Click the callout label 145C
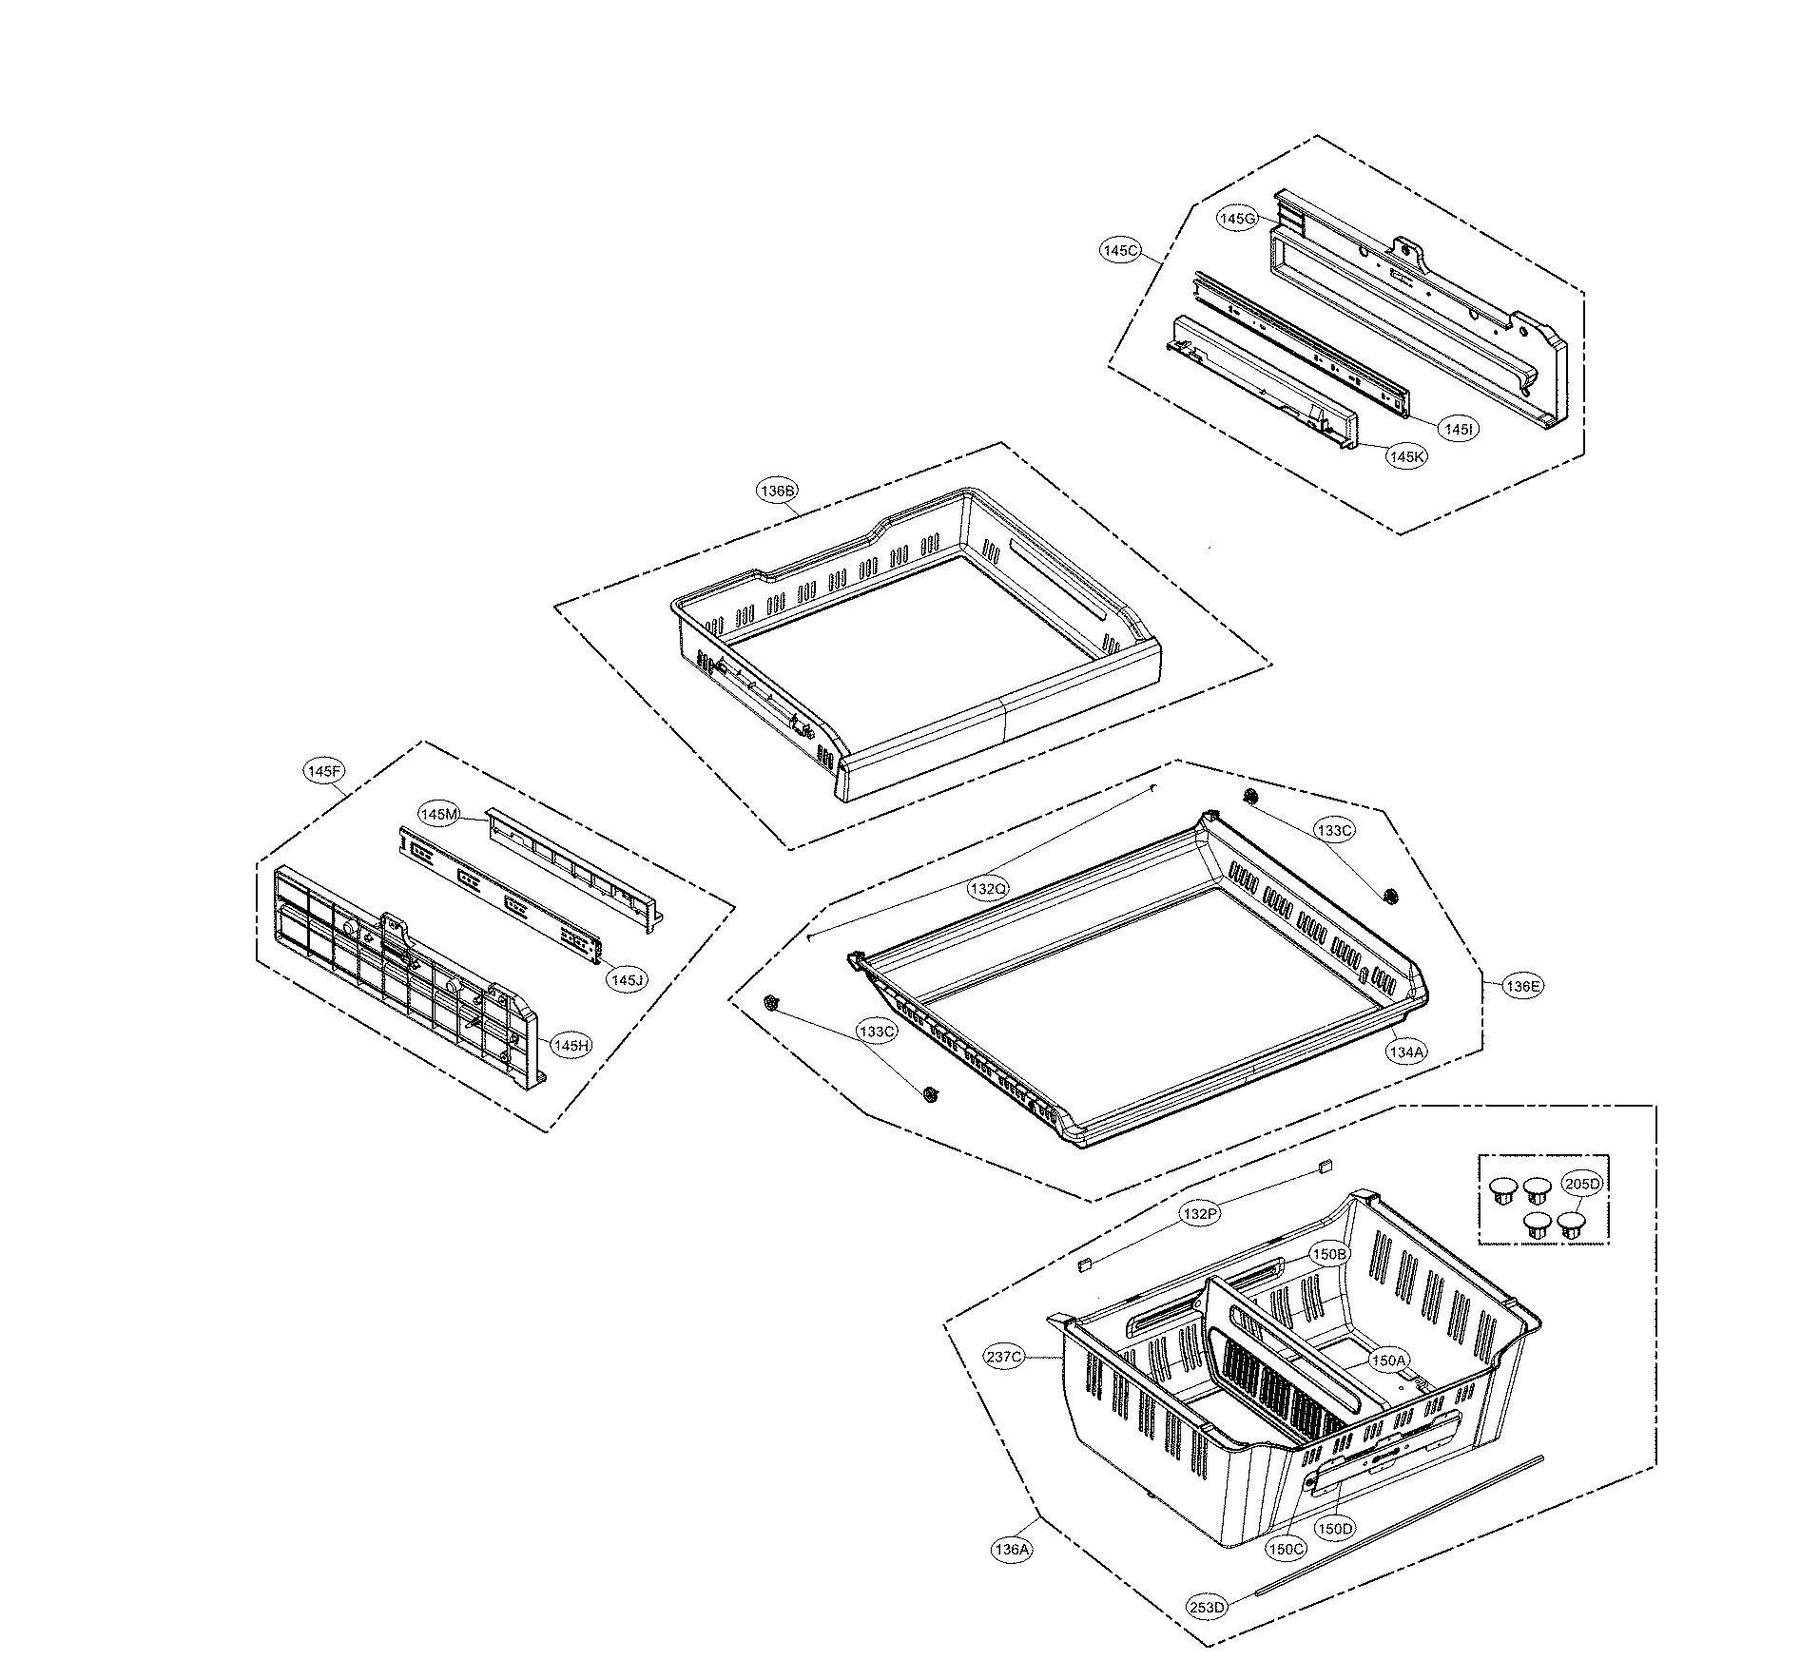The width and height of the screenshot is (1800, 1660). click(x=1120, y=251)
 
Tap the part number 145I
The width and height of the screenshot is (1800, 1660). click(x=1458, y=430)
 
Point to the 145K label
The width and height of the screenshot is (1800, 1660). click(x=1406, y=456)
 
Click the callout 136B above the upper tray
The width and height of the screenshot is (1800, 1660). click(x=777, y=491)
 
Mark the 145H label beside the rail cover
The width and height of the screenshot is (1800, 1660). click(x=571, y=1046)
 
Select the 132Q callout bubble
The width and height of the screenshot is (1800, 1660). click(x=988, y=890)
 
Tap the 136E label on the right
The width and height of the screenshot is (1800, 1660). click(x=1522, y=986)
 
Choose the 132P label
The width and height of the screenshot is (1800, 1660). click(x=1199, y=1214)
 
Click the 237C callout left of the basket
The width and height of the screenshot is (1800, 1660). click(x=1004, y=1357)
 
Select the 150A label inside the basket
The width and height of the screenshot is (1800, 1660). click(x=1387, y=1361)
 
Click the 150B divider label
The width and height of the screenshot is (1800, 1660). click(x=1329, y=1254)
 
